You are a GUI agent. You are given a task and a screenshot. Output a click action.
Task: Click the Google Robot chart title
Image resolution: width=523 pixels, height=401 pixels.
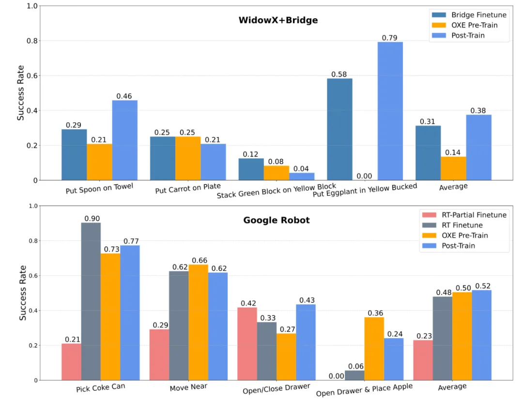tap(277, 220)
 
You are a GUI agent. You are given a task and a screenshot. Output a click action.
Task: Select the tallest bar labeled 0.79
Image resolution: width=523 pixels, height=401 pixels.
tap(390, 111)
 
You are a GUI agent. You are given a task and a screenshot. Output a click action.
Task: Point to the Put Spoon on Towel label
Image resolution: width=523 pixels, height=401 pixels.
tap(99, 188)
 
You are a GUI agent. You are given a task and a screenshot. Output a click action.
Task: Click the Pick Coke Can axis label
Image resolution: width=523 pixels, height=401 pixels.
tap(101, 388)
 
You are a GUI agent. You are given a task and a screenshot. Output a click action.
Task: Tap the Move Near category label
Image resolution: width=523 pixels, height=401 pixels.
tap(188, 387)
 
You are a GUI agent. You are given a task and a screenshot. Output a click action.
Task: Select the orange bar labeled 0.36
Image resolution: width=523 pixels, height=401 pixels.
tap(374, 349)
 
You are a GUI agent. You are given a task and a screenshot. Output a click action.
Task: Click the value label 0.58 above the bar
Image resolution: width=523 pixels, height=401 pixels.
tap(339, 74)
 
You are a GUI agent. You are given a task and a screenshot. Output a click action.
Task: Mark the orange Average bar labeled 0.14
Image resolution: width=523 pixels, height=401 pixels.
tap(453, 168)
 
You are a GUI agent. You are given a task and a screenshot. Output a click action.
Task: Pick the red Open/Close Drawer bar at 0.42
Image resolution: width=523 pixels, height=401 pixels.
tap(247, 343)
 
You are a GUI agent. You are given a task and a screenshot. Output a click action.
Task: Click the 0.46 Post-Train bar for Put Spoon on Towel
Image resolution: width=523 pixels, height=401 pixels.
tap(124, 140)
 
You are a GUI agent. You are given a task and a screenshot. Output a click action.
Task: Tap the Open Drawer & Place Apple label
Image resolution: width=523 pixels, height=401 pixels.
tap(364, 389)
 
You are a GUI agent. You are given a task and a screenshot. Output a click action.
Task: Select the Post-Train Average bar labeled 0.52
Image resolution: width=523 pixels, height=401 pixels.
tap(482, 335)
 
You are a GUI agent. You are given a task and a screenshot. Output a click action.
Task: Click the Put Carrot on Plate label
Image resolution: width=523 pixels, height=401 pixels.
tap(188, 188)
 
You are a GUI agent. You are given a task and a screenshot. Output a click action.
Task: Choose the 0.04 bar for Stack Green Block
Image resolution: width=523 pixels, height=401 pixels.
tap(302, 177)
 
